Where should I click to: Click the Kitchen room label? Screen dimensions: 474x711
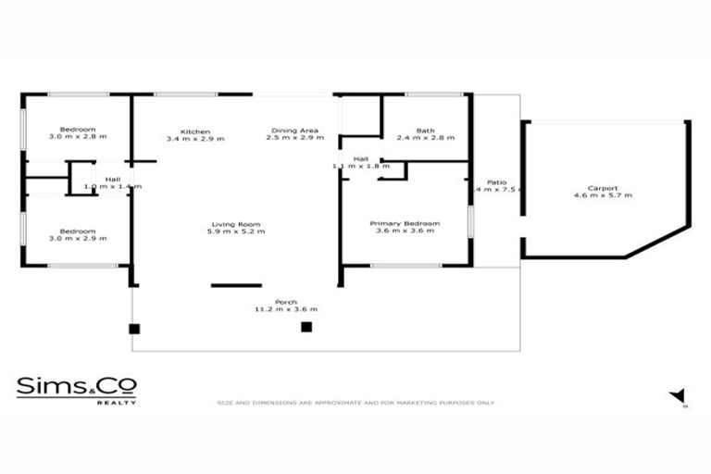pyautogui.click(x=195, y=131)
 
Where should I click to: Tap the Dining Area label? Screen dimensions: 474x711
pyautogui.click(x=294, y=131)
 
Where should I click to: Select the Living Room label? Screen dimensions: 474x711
pyautogui.click(x=235, y=224)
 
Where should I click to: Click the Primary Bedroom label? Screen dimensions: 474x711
pyautogui.click(x=404, y=224)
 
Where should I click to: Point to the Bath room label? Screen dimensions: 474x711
pyautogui.click(x=425, y=131)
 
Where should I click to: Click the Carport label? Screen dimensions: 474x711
pyautogui.click(x=602, y=188)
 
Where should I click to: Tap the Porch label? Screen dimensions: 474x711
pyautogui.click(x=285, y=301)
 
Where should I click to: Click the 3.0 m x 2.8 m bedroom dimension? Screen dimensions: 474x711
pyautogui.click(x=78, y=138)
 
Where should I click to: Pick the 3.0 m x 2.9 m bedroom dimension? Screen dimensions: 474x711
pyautogui.click(x=78, y=239)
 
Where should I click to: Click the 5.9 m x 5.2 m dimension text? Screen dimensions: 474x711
pyautogui.click(x=235, y=231)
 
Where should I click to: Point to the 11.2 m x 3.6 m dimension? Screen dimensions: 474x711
pyautogui.click(x=285, y=308)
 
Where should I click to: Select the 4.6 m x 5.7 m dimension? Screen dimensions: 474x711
pyautogui.click(x=602, y=195)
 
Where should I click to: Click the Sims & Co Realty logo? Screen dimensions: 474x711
pyautogui.click(x=77, y=389)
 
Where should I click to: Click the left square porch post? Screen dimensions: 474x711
pyautogui.click(x=134, y=328)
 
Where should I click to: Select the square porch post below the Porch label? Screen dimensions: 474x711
pyautogui.click(x=306, y=327)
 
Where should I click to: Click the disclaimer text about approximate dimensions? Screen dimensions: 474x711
pyautogui.click(x=355, y=403)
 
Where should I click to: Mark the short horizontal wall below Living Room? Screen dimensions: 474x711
pyautogui.click(x=236, y=285)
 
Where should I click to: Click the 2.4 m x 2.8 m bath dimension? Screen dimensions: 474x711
pyautogui.click(x=425, y=138)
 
